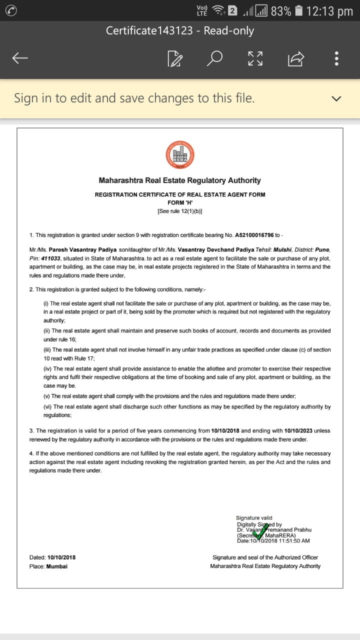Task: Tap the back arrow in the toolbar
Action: point(20,58)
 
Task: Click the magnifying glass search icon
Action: point(214,58)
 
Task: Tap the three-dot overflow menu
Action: point(336,58)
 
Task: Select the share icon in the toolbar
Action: point(295,59)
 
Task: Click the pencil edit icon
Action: point(175,59)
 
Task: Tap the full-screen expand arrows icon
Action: point(255,58)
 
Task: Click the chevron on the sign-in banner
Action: point(336,98)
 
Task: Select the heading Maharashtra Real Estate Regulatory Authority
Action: point(179,180)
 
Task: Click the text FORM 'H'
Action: point(179,202)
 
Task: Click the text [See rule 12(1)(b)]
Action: point(179,211)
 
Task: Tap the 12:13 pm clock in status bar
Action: point(330,10)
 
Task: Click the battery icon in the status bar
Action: point(298,10)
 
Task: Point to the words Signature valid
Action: point(254,518)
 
